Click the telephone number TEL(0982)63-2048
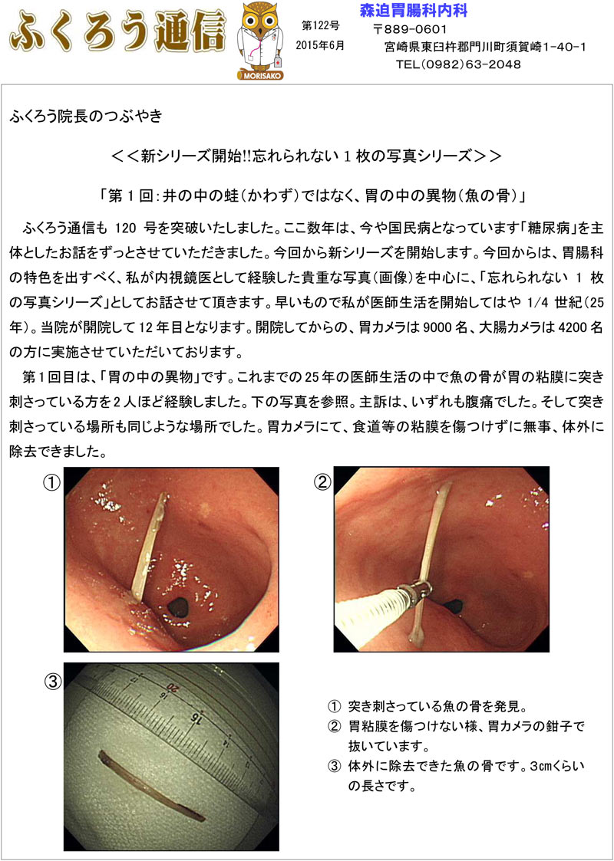[458, 64]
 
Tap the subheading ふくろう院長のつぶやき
[86, 118]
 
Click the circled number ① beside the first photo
[51, 484]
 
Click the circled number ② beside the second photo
[322, 484]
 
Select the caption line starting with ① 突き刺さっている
[427, 706]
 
